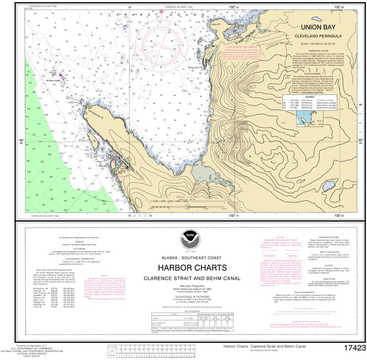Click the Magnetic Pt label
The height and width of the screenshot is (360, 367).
pyautogui.click(x=196, y=68)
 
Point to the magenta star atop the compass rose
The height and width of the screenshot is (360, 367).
pyautogui.click(x=161, y=12)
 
